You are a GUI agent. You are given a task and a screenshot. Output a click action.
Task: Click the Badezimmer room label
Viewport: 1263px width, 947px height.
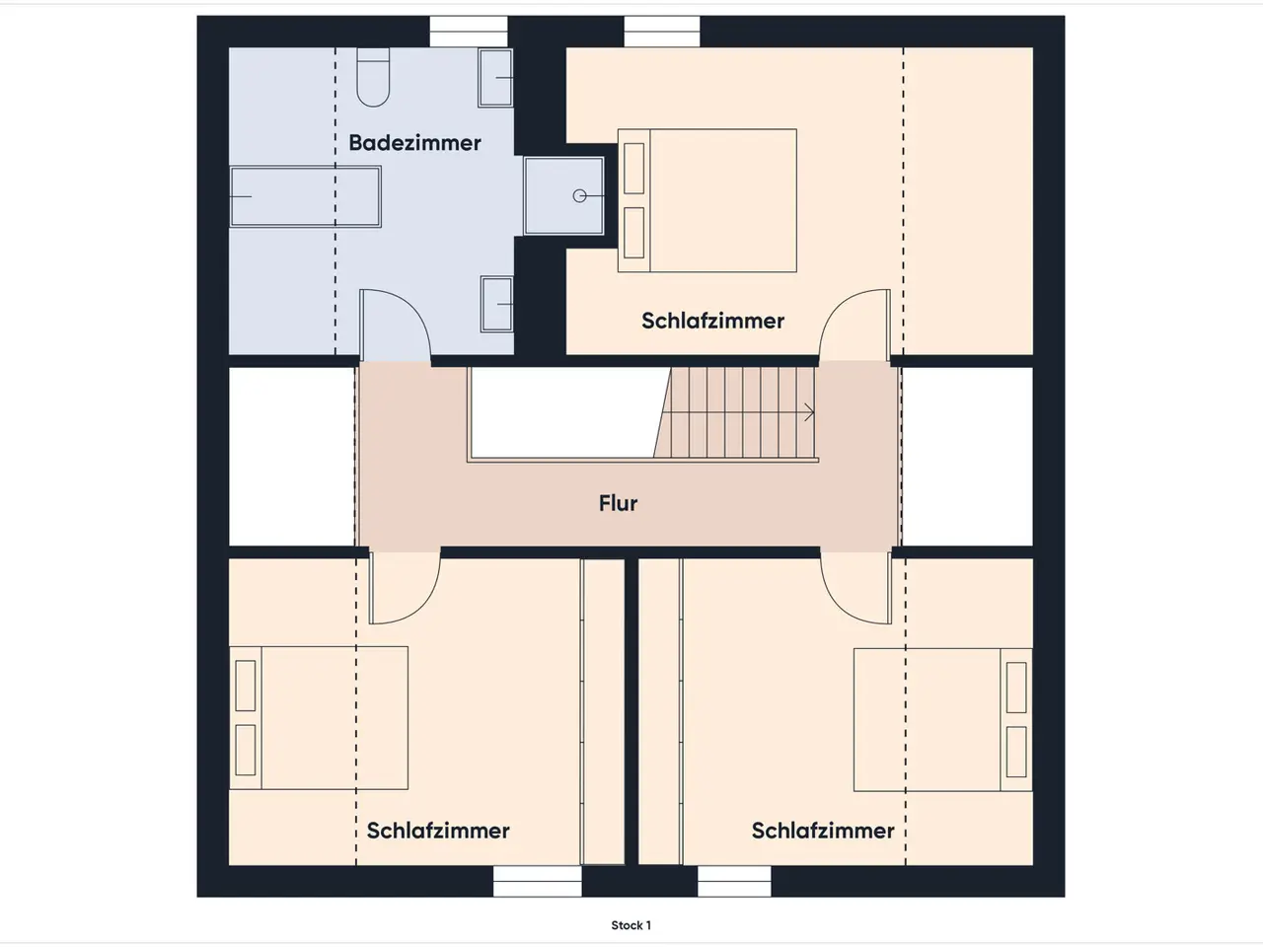coord(414,143)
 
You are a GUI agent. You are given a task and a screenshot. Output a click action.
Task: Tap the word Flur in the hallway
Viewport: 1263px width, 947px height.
coord(618,503)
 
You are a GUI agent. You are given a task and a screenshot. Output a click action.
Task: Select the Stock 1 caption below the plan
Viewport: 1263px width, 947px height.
coord(631,925)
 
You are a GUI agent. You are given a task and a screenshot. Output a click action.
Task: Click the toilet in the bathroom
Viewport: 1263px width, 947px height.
coord(373,77)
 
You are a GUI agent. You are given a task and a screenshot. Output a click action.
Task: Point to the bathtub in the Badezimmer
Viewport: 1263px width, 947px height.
coord(306,196)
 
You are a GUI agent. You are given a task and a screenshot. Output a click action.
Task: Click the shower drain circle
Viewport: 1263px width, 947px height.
coord(579,196)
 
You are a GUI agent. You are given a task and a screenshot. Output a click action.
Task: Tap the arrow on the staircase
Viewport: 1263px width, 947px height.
coord(809,412)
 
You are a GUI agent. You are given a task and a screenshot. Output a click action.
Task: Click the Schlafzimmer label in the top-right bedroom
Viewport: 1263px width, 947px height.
coord(713,321)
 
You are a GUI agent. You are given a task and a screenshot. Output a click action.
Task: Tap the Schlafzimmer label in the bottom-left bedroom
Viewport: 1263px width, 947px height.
coord(438,831)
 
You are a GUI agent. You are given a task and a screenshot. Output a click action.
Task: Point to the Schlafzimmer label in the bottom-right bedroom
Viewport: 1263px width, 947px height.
coord(823,831)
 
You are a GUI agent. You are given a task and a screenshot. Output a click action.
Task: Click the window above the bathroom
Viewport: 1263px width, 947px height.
coord(469,31)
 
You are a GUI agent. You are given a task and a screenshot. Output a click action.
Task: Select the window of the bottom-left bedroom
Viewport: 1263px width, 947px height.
coord(538,881)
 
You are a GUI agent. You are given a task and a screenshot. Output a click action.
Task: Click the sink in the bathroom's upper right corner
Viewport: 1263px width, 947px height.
coord(495,78)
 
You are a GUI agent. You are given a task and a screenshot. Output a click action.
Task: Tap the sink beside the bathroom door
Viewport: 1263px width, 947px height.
coord(497,304)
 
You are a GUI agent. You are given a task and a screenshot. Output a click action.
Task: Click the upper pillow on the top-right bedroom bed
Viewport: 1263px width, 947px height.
coord(634,169)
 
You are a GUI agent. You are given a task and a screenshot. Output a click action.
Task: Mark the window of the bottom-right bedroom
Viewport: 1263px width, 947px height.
coord(734,881)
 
